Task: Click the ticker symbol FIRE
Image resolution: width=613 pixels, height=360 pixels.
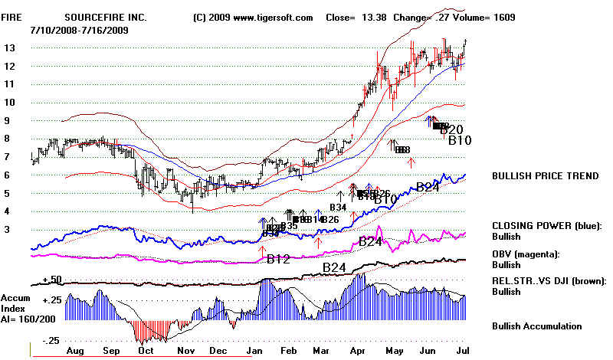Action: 11,17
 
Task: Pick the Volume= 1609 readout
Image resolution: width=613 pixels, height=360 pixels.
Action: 484,17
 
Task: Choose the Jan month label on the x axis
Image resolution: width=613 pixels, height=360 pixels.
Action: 253,349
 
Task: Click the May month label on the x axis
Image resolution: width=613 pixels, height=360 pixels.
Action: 396,349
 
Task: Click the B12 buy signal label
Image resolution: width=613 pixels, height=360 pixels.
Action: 278,259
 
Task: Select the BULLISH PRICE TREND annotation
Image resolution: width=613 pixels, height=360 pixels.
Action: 545,176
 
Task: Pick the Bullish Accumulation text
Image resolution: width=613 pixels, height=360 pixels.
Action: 536,326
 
